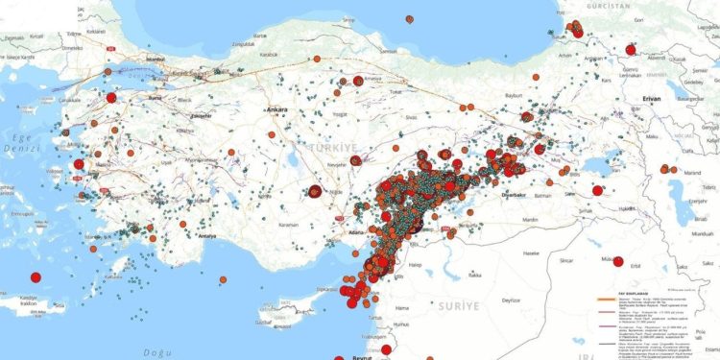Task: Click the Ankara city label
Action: click(x=279, y=109)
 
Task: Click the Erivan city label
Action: click(x=656, y=98)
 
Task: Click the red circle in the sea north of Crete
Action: click(x=36, y=277)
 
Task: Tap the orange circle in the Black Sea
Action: click(x=409, y=18)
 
